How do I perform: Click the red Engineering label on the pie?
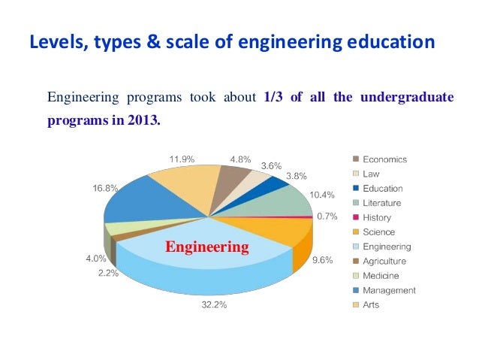207,247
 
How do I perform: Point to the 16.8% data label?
105,189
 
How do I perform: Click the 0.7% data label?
327,216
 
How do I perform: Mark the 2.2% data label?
108,273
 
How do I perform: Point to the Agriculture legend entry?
384,261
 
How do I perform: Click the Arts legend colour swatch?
355,304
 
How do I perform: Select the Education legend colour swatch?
355,189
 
